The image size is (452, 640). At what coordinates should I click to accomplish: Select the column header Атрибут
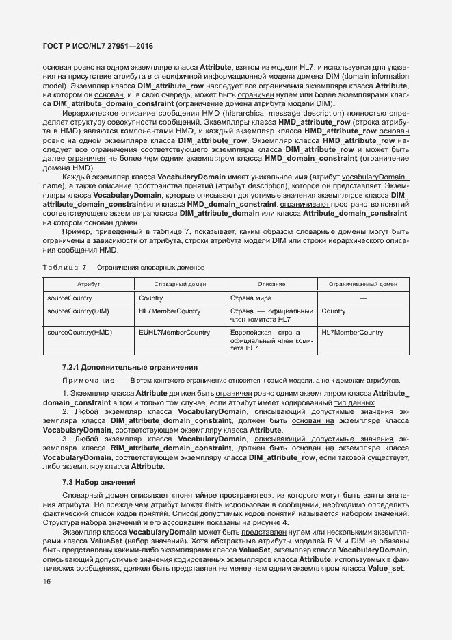pyautogui.click(x=89, y=284)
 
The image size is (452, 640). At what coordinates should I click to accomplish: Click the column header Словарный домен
pyautogui.click(x=181, y=284)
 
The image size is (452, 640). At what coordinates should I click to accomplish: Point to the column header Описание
pyautogui.click(x=271, y=284)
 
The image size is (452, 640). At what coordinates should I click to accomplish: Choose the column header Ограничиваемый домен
pyautogui.click(x=363, y=284)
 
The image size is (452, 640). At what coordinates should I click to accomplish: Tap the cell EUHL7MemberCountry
pyautogui.click(x=174, y=333)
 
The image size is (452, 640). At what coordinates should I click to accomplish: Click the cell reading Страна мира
pyautogui.click(x=251, y=298)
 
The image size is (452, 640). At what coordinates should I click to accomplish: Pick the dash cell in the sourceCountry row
pyautogui.click(x=363, y=298)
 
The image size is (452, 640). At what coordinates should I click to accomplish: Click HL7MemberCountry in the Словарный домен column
pyautogui.click(x=170, y=311)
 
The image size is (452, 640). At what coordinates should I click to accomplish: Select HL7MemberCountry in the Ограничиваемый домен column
pyautogui.click(x=352, y=333)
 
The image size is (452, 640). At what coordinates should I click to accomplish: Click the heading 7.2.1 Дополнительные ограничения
pyautogui.click(x=130, y=367)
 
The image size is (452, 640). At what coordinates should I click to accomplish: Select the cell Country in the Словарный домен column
pyautogui.click(x=151, y=298)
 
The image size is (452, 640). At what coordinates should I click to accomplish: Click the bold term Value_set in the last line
pyautogui.click(x=388, y=569)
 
